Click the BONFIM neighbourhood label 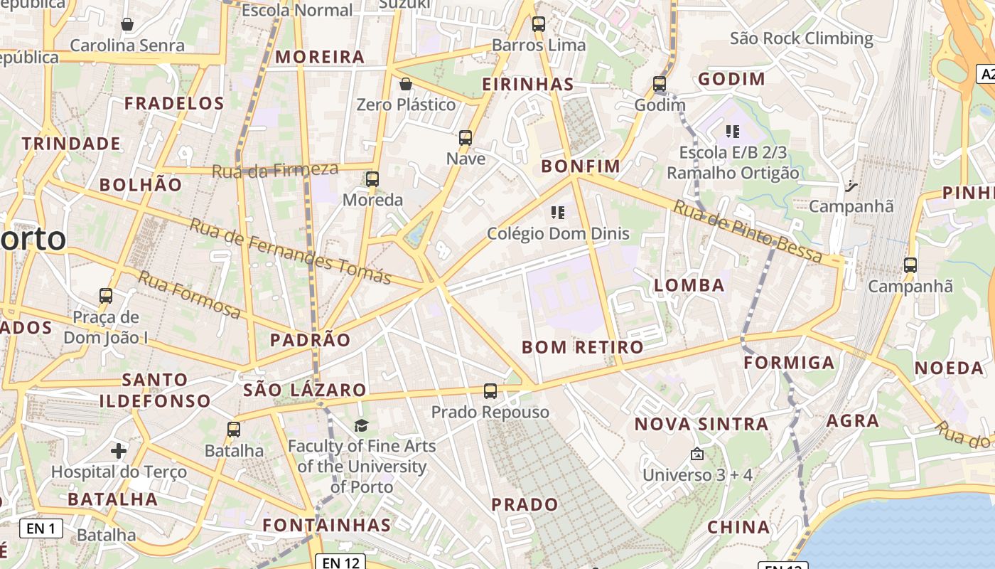tap(581, 166)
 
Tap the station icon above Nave tap(466, 138)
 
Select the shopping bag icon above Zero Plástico tap(406, 84)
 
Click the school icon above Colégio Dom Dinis tap(558, 212)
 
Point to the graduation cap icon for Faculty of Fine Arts tap(362, 425)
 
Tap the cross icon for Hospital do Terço tap(119, 451)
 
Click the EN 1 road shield tap(41, 528)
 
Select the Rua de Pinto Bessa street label tap(748, 232)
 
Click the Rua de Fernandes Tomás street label tap(291, 251)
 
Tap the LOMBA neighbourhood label tap(689, 286)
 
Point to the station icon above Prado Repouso tap(490, 390)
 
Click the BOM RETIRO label tap(583, 347)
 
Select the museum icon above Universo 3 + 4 tap(696, 453)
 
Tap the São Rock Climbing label tap(801, 38)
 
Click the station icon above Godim tap(660, 84)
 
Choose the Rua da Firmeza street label tap(275, 170)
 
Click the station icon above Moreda tap(372, 179)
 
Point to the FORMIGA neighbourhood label tap(789, 363)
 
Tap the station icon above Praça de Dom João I tap(106, 295)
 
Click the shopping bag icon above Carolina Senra tap(127, 25)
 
